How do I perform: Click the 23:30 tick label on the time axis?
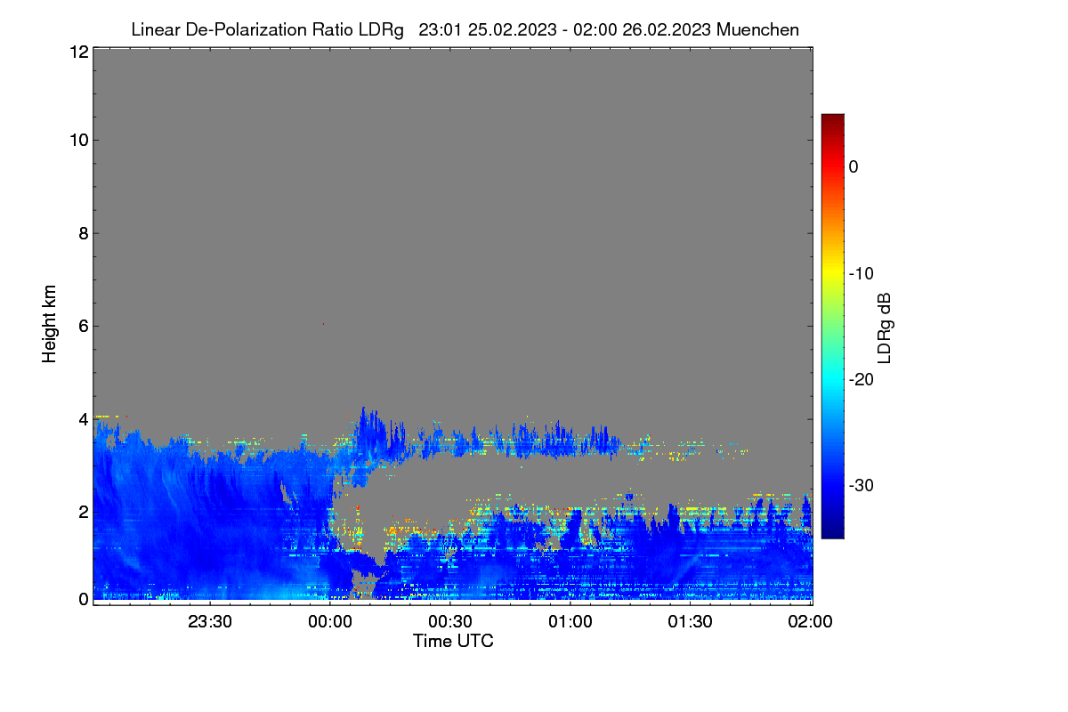coord(210,621)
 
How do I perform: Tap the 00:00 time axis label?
coord(330,621)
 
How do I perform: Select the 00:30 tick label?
coord(450,621)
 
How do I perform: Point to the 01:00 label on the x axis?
coord(570,621)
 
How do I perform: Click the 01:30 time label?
coord(690,621)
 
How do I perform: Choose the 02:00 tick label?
coord(810,621)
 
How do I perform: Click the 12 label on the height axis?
coord(79,52)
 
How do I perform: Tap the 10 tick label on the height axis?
coord(79,141)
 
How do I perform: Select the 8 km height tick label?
coord(84,233)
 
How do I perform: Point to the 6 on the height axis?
coord(84,327)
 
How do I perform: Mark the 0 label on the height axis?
coord(84,600)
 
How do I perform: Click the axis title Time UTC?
coord(453,641)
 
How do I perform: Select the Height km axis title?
coord(49,324)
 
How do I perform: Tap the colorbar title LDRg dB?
coord(884,328)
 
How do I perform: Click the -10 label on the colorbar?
coord(862,274)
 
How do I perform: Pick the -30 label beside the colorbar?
coord(862,485)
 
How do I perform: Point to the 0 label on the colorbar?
coord(854,167)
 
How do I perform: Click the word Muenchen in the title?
coord(757,29)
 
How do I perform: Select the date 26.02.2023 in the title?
coord(667,29)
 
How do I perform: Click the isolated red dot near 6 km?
coord(323,324)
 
